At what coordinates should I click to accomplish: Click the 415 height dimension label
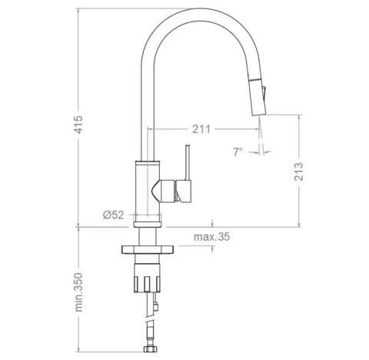78,125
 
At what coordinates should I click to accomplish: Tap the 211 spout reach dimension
201,129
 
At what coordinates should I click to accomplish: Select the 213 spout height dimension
298,172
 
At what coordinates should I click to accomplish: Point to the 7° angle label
238,152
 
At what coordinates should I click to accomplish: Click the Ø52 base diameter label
114,215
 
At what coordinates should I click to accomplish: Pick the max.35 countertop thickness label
211,237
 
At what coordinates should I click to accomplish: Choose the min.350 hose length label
78,292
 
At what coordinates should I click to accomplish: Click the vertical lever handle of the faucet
188,162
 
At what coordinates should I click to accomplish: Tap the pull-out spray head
258,96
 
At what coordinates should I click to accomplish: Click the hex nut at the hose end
150,348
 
